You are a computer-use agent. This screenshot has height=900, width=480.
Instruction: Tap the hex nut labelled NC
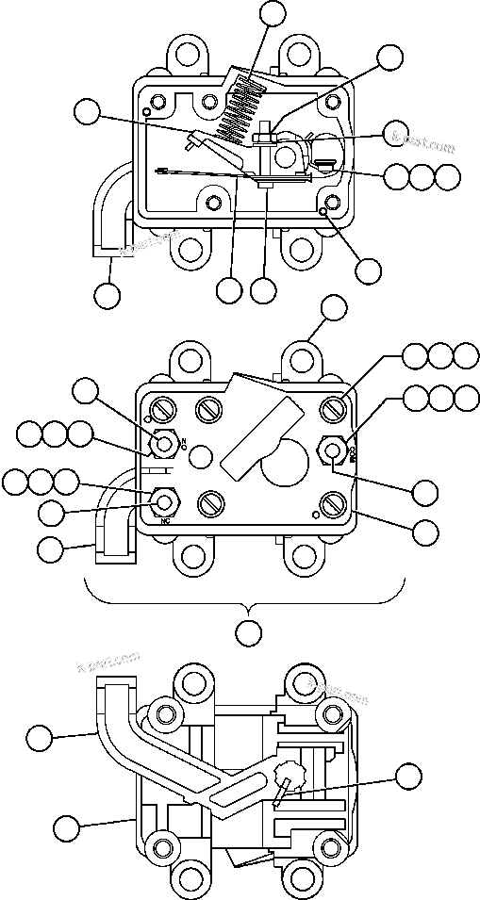tap(167, 501)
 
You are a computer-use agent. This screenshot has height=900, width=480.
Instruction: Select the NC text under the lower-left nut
tap(166, 520)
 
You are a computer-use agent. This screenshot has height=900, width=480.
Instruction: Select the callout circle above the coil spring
tap(273, 12)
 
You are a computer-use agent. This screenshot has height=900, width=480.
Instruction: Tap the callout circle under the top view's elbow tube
tap(108, 294)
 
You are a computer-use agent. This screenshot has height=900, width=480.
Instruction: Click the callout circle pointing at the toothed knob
tap(407, 777)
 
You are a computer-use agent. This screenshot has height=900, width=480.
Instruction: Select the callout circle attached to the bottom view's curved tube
tap(39, 737)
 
